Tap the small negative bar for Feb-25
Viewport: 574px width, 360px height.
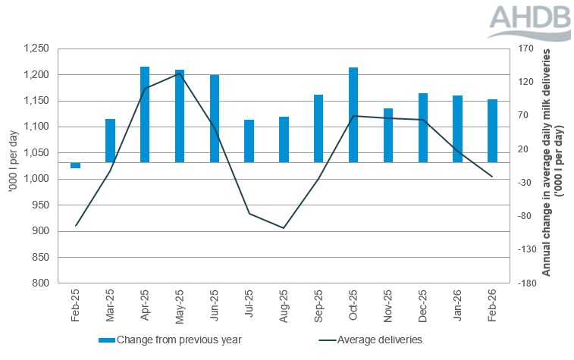tap(76, 165)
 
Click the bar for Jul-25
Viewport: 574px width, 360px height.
tap(249, 141)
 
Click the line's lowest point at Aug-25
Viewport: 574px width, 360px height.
tap(284, 228)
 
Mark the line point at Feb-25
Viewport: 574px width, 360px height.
tap(76, 226)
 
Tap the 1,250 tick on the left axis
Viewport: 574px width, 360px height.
tap(36, 49)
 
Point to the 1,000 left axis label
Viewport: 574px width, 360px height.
tap(36, 179)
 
